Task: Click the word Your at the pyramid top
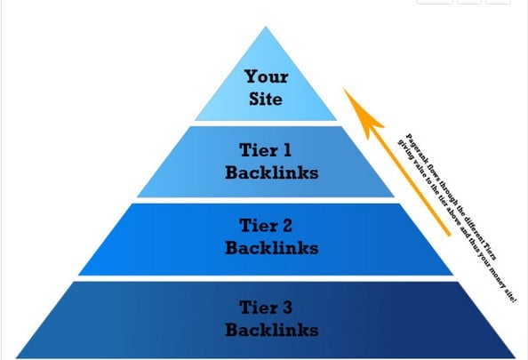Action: click(267, 76)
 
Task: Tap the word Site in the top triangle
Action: click(266, 99)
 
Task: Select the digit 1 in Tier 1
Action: click(287, 150)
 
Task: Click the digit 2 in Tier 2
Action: click(286, 225)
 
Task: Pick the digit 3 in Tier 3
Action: click(286, 308)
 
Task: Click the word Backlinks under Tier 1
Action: click(272, 172)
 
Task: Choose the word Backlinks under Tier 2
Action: click(272, 248)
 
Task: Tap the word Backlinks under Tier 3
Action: click(272, 330)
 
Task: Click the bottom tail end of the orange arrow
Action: click(448, 235)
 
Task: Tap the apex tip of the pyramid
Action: click(266, 27)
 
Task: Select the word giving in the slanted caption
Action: click(405, 149)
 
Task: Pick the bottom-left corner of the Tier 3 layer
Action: click(16, 357)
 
